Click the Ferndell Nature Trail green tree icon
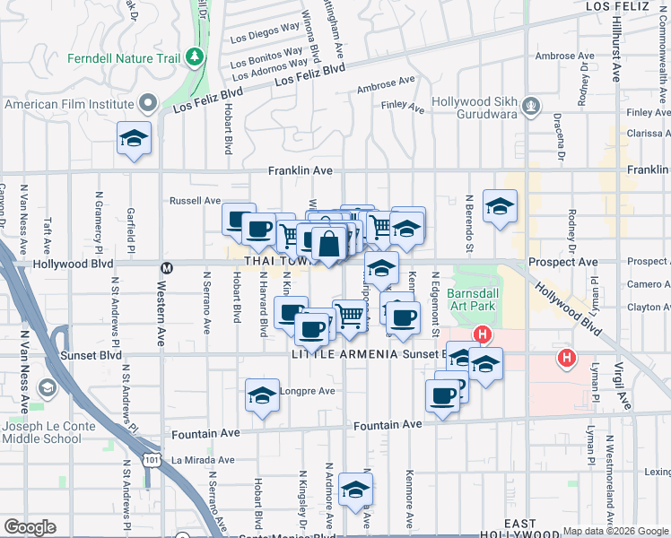coord(195,58)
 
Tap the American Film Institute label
coord(69,104)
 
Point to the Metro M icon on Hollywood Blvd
coord(166,267)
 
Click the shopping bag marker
coord(329,243)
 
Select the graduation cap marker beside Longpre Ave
coord(261,395)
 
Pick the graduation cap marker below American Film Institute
coord(134,138)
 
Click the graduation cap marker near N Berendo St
coord(500,206)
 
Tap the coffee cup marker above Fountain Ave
coord(442,395)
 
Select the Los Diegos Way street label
coord(265,38)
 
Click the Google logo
coord(30,527)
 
